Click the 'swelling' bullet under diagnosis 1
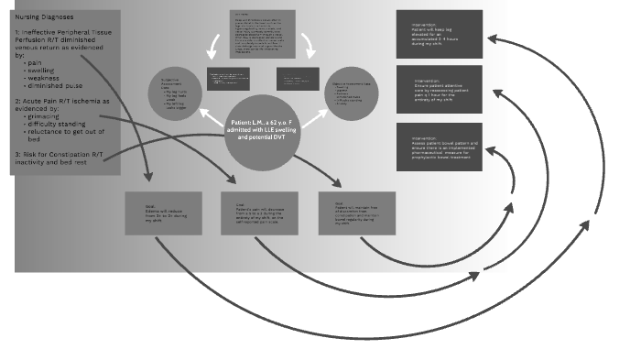click(x=45, y=70)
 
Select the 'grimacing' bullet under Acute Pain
click(x=47, y=117)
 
